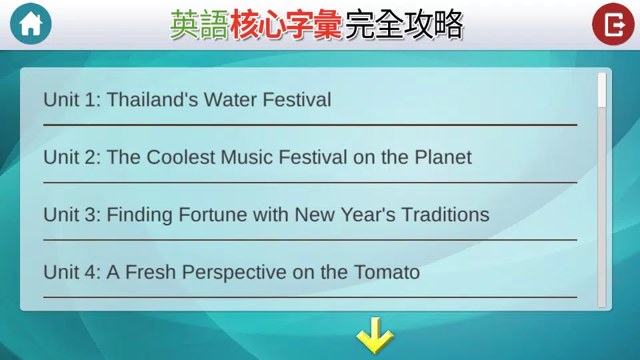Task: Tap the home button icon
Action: coord(31,24)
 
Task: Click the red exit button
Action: coord(613,24)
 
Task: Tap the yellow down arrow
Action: coord(375,335)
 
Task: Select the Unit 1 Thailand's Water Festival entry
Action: coord(187,99)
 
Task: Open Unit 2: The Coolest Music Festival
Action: coord(257,157)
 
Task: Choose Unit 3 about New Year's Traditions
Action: coord(267,215)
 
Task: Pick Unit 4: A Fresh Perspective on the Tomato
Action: coord(231,272)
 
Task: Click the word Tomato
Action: coord(387,272)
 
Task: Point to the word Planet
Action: coord(443,157)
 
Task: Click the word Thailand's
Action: coord(152,99)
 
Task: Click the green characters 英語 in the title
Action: coord(199,25)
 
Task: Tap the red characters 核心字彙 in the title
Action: coord(286,25)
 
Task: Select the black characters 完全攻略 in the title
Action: coord(404,25)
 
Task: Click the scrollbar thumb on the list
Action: coord(601,90)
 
